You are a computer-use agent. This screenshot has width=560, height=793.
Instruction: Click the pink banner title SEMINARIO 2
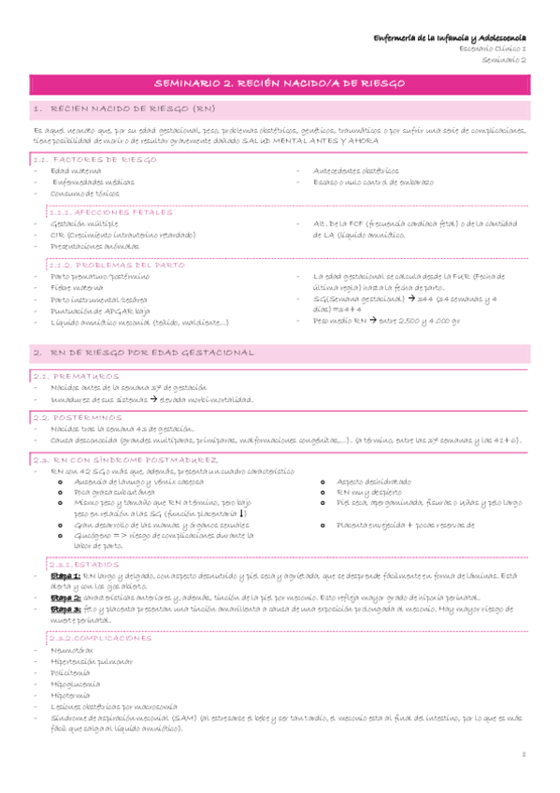coord(280,84)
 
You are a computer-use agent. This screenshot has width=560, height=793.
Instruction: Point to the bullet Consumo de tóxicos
coord(86,193)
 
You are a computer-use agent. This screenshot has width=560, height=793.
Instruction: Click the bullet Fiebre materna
coord(77,287)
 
